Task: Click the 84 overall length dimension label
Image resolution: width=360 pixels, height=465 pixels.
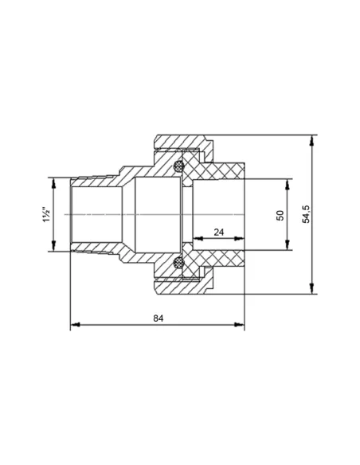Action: click(158, 318)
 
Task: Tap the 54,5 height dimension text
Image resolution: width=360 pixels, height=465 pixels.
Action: click(306, 214)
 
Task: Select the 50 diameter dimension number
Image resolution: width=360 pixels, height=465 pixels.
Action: click(280, 215)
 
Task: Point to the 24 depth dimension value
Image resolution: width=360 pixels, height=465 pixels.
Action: click(219, 232)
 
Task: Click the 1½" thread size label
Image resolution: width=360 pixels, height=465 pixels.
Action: click(47, 214)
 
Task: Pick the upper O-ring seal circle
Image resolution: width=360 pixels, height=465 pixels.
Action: click(178, 166)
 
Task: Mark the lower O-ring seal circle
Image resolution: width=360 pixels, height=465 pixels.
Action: click(178, 262)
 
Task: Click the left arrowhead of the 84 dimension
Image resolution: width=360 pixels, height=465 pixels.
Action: click(76, 324)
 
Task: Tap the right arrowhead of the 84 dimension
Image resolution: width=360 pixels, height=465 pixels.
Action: click(239, 324)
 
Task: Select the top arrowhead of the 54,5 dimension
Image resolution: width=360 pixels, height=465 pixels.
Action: click(311, 140)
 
